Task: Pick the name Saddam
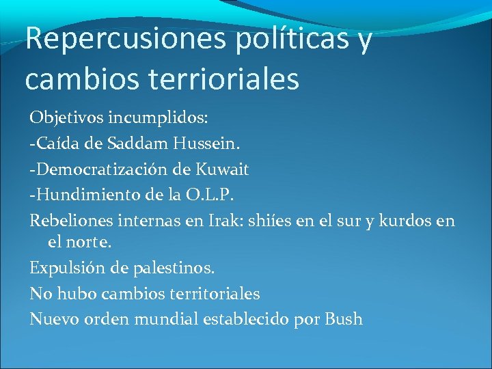[x=144, y=144]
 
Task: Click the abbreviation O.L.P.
[x=208, y=196]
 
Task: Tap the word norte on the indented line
[x=91, y=242]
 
